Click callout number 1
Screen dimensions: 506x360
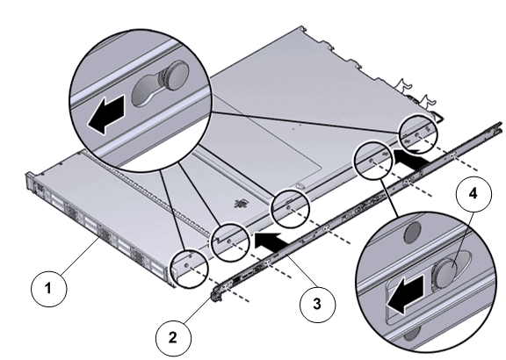click(49, 288)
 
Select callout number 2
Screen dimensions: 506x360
click(173, 338)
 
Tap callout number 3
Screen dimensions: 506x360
click(317, 304)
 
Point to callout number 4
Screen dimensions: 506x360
click(473, 193)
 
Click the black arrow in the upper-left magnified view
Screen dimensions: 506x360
click(105, 114)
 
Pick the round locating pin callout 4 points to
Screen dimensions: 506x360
click(446, 268)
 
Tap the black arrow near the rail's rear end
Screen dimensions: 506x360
click(410, 158)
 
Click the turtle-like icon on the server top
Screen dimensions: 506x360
click(241, 204)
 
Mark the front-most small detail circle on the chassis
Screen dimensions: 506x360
click(189, 269)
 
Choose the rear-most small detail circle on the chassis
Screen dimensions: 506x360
click(418, 133)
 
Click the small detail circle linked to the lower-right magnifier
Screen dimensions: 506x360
click(373, 160)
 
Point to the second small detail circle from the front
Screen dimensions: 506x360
click(230, 242)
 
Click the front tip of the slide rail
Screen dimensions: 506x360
click(213, 298)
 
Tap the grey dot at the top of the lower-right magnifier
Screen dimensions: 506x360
click(413, 231)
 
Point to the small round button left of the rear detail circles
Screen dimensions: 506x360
click(300, 186)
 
